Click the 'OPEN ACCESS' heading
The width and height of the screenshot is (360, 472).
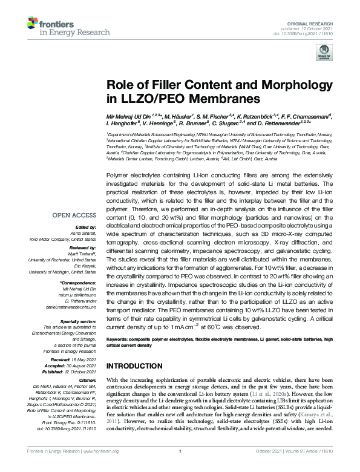74,214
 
